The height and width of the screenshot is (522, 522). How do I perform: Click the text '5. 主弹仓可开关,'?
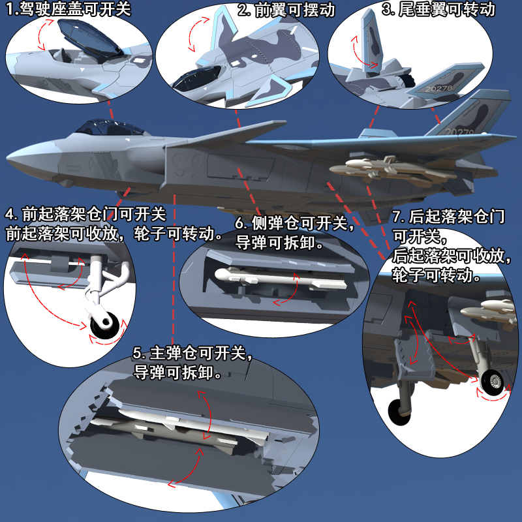click(x=192, y=354)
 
